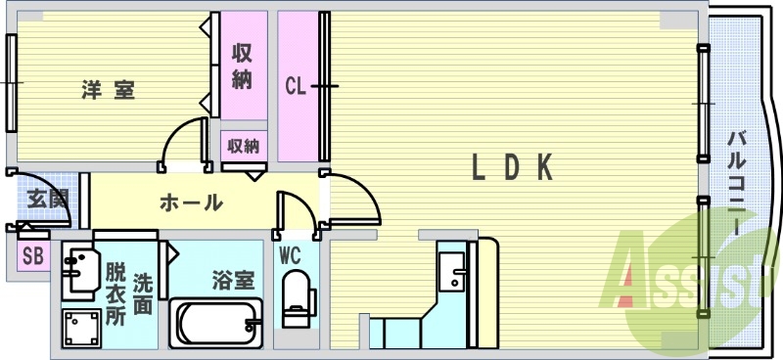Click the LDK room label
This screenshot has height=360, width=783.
click(x=513, y=168)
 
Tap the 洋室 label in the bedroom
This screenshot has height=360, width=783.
click(x=108, y=91)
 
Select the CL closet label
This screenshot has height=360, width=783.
click(x=297, y=87)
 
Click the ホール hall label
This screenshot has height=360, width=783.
click(x=190, y=203)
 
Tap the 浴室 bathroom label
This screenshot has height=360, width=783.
click(x=233, y=280)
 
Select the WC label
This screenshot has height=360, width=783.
click(x=290, y=256)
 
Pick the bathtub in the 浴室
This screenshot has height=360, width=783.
click(x=217, y=322)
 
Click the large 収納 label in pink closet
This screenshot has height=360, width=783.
click(x=243, y=67)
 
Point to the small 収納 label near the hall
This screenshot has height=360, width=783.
click(x=243, y=147)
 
